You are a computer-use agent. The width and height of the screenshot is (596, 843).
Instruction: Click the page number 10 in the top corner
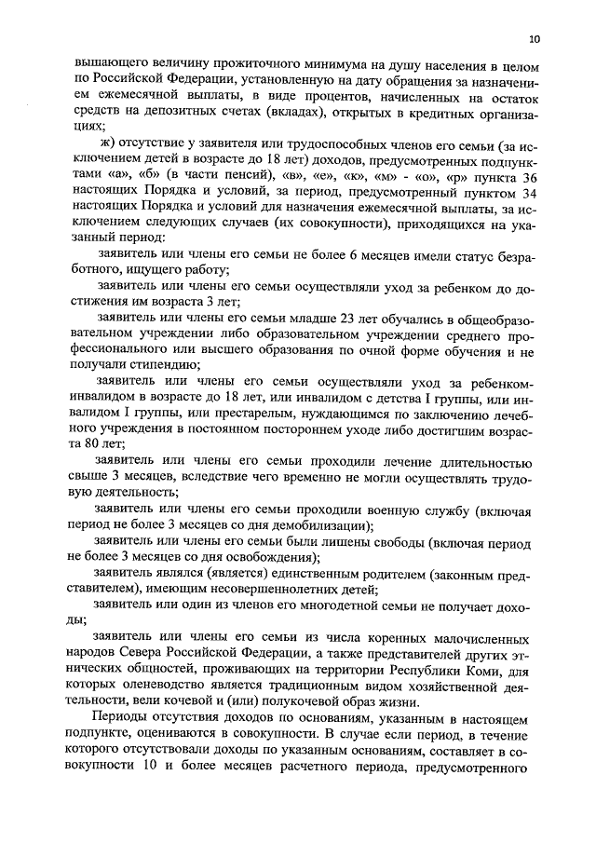pos(533,39)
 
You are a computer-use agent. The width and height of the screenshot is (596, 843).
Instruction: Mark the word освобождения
pos(273,558)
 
